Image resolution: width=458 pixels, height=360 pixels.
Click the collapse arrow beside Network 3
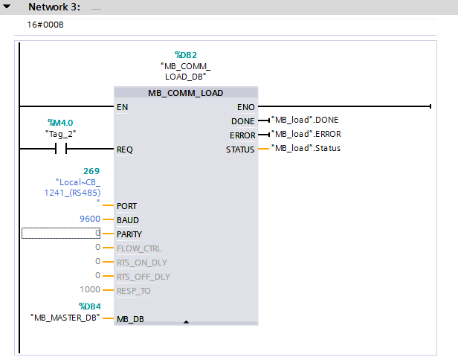pyautogui.click(x=7, y=6)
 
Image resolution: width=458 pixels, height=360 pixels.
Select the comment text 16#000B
pyautogui.click(x=45, y=25)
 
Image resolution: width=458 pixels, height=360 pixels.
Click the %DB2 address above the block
pyautogui.click(x=186, y=55)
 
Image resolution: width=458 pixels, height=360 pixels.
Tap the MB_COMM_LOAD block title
pyautogui.click(x=185, y=93)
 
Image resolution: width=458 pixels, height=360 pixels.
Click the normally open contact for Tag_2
pyautogui.click(x=61, y=149)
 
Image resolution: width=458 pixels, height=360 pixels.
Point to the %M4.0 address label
pyautogui.click(x=60, y=123)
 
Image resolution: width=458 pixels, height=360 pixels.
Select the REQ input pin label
pyautogui.click(x=125, y=150)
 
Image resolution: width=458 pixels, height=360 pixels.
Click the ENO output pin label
pyautogui.click(x=246, y=107)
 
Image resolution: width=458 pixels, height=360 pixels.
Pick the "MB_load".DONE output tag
pyautogui.click(x=305, y=120)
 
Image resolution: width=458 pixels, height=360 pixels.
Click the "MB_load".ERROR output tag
pyautogui.click(x=306, y=134)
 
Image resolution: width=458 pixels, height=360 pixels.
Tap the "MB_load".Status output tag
pyautogui.click(x=306, y=148)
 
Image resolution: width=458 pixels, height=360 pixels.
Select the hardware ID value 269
pyautogui.click(x=91, y=171)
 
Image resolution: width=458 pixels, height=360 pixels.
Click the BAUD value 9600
pyautogui.click(x=90, y=219)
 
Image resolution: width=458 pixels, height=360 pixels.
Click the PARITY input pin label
pyautogui.click(x=129, y=234)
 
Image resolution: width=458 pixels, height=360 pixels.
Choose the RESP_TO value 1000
pyautogui.click(x=90, y=289)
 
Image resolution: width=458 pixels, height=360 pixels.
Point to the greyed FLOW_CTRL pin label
pyautogui.click(x=139, y=248)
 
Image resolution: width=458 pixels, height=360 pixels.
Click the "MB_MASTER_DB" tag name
pyautogui.click(x=65, y=318)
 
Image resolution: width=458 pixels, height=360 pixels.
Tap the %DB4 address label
pyautogui.click(x=90, y=306)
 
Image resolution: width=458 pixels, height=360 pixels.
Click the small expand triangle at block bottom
pyautogui.click(x=186, y=322)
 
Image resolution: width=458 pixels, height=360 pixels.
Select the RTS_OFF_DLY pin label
pyautogui.click(x=143, y=277)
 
